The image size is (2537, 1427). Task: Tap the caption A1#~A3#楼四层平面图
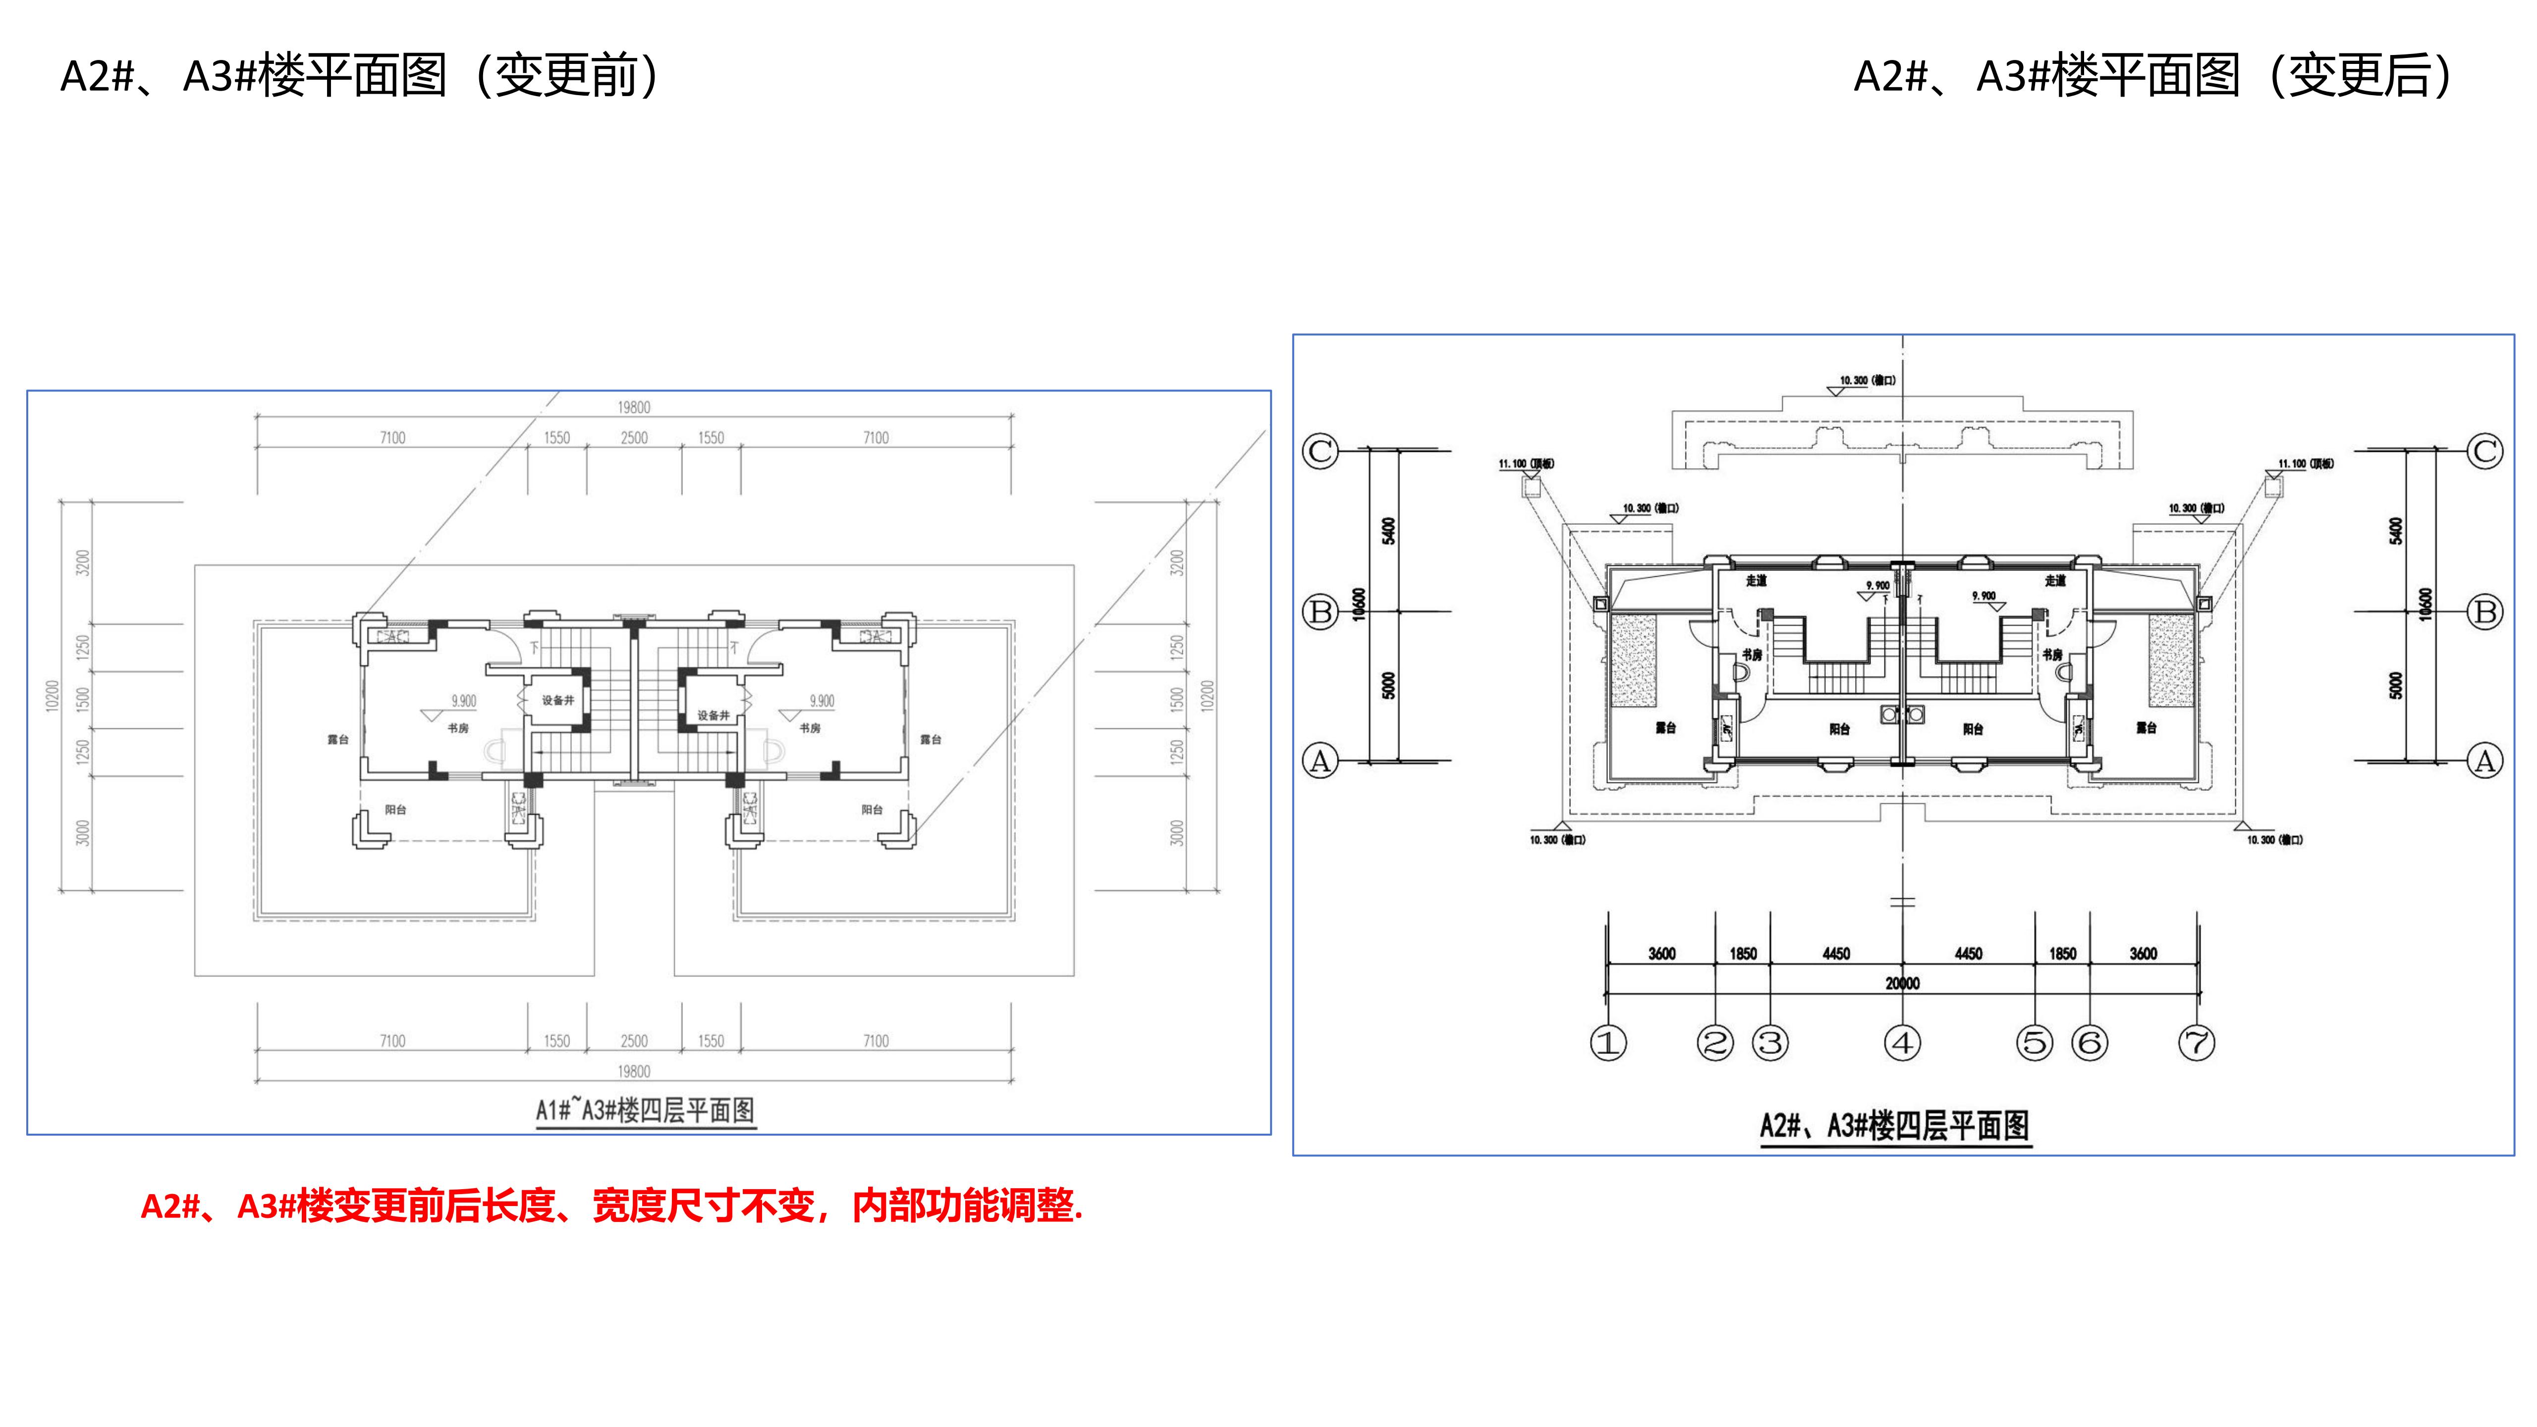pos(645,1111)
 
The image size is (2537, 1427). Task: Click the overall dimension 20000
pos(1902,983)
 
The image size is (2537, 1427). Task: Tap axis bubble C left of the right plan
pos(1320,451)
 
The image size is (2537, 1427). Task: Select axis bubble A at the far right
pos(2485,761)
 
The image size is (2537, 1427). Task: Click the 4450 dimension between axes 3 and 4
pos(1836,953)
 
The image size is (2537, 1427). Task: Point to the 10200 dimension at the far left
pos(52,695)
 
